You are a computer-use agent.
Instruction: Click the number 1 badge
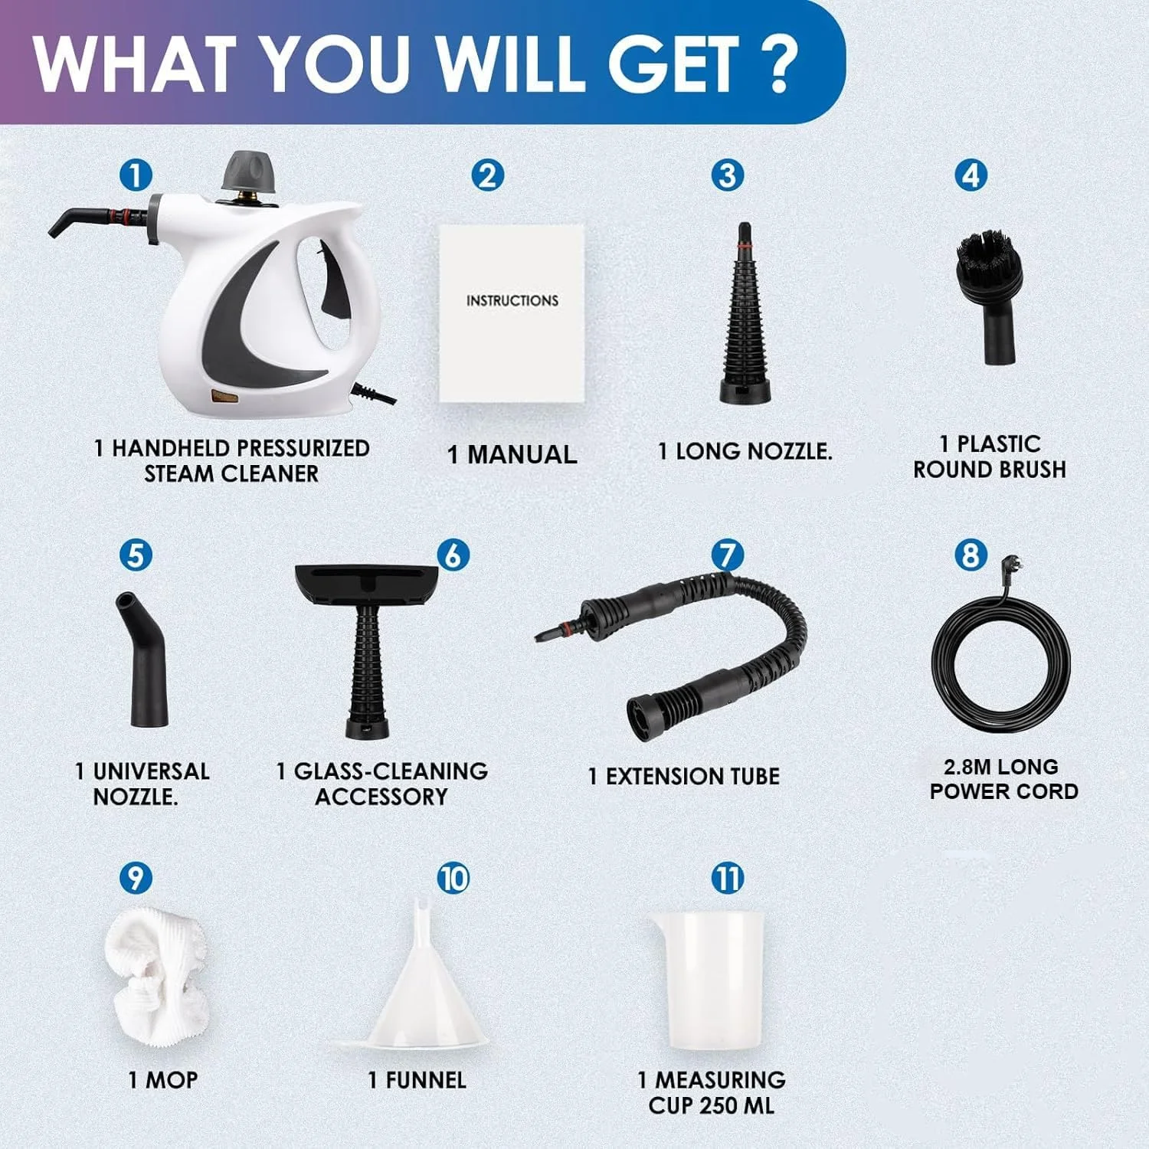(x=136, y=175)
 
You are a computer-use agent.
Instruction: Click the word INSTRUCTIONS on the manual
(x=512, y=301)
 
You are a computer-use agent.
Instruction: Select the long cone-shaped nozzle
(x=745, y=314)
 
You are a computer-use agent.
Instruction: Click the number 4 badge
(x=971, y=175)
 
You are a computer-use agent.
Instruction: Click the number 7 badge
(x=727, y=555)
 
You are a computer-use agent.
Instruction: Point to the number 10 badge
(x=453, y=878)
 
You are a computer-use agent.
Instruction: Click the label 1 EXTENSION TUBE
(x=684, y=776)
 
